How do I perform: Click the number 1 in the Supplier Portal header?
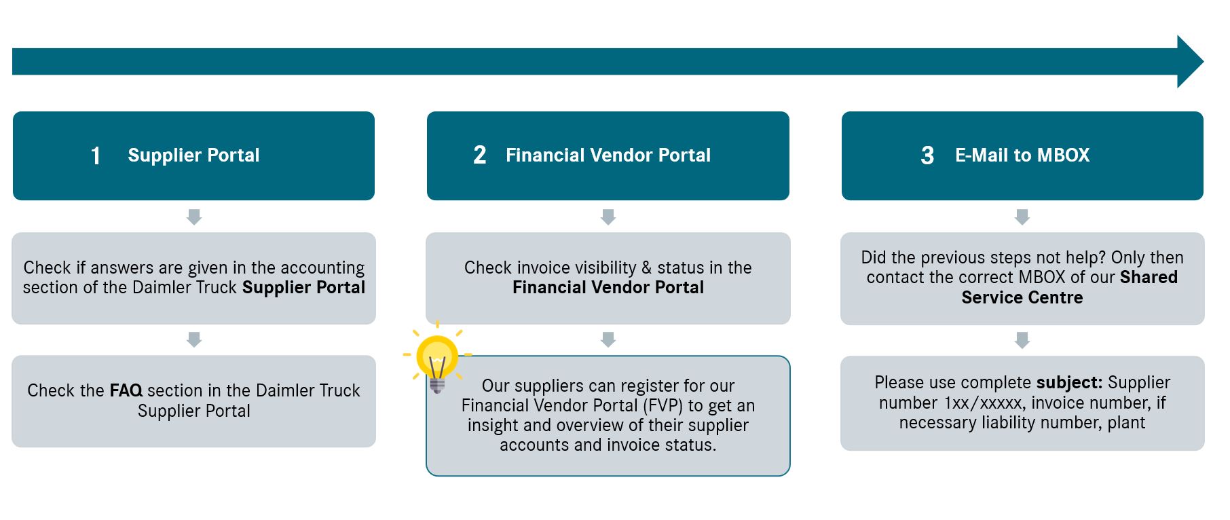pos(96,155)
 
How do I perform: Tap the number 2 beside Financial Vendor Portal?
pos(480,155)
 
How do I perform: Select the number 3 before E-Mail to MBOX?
pos(927,155)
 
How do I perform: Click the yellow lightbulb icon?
pos(437,360)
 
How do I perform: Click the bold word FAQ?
pos(126,390)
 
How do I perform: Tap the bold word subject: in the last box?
pos(1069,382)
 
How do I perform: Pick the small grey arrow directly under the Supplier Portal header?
pos(194,217)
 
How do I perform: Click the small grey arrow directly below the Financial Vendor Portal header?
pos(608,217)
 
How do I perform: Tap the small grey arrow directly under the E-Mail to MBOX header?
pos(1022,217)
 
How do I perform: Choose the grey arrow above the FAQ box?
pos(194,339)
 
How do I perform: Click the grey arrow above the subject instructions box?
pos(1022,340)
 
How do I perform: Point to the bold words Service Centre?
pos(1022,297)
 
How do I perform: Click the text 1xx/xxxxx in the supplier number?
pos(983,403)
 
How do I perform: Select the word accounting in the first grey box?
pos(322,267)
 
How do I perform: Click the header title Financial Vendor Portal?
pos(608,155)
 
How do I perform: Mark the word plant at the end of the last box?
pos(1126,422)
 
